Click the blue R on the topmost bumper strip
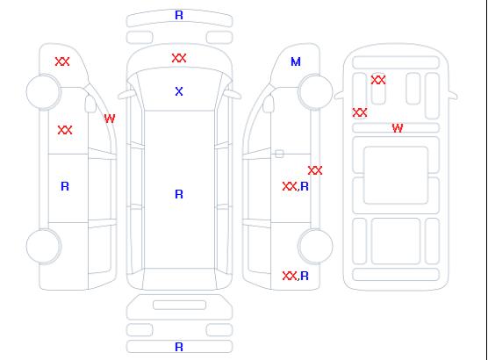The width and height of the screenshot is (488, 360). (179, 15)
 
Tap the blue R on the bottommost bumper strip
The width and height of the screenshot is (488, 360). (179, 347)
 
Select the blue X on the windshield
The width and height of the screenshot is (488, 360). (179, 91)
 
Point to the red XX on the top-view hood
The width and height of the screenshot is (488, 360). (179, 58)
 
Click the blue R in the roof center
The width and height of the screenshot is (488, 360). (179, 194)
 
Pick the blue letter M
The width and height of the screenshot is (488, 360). (296, 61)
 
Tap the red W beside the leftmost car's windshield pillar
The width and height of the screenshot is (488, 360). (110, 119)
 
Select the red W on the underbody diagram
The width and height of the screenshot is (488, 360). (398, 128)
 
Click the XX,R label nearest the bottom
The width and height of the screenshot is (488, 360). (296, 276)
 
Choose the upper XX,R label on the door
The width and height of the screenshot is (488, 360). (296, 186)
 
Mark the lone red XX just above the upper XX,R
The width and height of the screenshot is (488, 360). (315, 170)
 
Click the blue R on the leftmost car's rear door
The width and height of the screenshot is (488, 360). (65, 186)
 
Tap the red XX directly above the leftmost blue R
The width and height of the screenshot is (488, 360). (65, 130)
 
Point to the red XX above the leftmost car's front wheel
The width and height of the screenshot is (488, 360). (62, 61)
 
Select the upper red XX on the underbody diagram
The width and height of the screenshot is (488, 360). (378, 80)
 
